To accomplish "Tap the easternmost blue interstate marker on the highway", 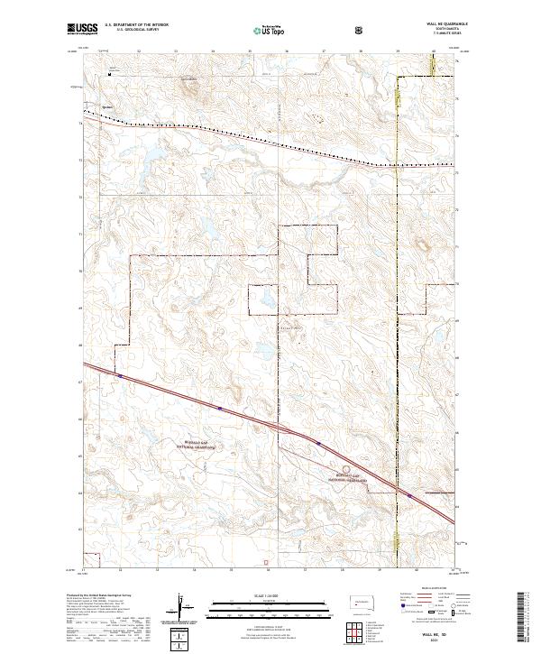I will pos(408,494).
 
